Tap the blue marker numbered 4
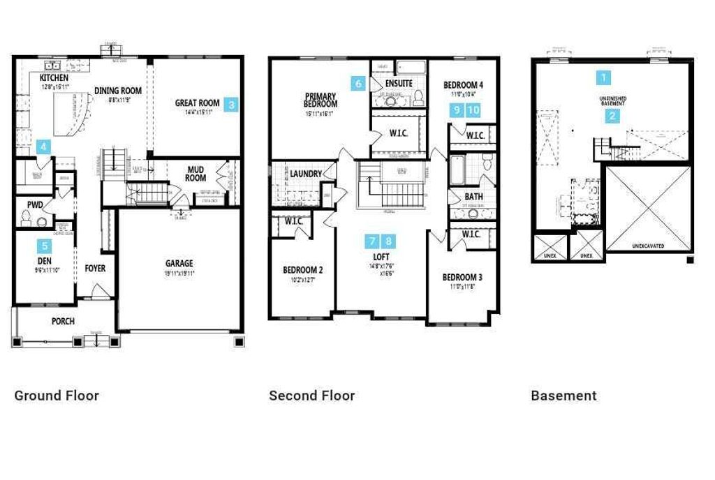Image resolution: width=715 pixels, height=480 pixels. (44, 147)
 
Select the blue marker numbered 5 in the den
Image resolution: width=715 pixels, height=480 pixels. (45, 246)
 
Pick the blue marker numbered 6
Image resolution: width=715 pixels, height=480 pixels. (358, 84)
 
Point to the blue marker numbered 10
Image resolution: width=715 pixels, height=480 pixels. (473, 110)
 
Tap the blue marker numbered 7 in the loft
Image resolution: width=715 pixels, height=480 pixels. (373, 241)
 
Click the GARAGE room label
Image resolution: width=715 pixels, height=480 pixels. (179, 264)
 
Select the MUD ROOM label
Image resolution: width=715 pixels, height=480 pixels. (196, 172)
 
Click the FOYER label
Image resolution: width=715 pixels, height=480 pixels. (96, 268)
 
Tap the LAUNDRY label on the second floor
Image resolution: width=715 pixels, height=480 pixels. (306, 174)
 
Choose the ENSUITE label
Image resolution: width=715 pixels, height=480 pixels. (399, 83)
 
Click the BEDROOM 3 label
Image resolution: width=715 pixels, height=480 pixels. (462, 277)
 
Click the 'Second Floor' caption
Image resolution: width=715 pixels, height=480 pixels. (311, 396)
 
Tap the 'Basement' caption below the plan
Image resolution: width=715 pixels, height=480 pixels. (563, 396)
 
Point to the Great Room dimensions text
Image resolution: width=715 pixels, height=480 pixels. (197, 112)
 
